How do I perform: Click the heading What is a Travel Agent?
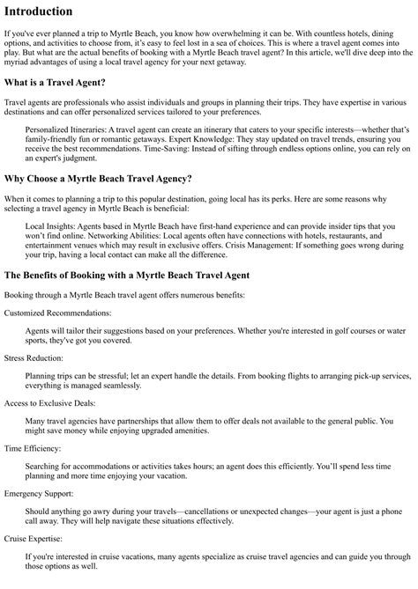55,83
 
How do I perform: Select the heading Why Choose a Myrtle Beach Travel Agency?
98,179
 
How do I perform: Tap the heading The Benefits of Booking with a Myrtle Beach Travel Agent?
127,275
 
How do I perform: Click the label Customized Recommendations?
57,313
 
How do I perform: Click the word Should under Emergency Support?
39,513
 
